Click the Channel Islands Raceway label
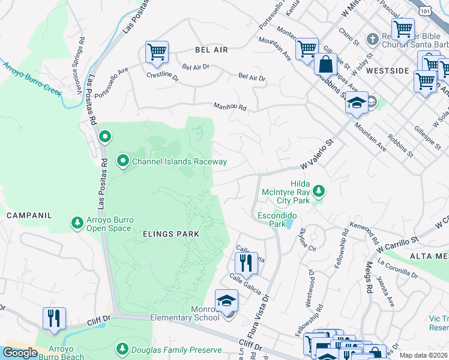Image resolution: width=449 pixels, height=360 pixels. click(179, 161)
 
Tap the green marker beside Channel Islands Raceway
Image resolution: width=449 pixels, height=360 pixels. click(123, 160)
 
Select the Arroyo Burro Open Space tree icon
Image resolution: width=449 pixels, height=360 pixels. click(77, 223)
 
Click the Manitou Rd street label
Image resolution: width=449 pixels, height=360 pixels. click(231, 107)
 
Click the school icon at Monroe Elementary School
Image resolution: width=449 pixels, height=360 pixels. click(226, 301)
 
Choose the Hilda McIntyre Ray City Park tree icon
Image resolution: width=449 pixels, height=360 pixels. click(319, 191)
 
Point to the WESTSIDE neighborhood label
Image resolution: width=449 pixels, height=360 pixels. click(387, 70)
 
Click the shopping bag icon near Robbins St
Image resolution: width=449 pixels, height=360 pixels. click(325, 64)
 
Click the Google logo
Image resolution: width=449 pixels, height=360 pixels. click(20, 353)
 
